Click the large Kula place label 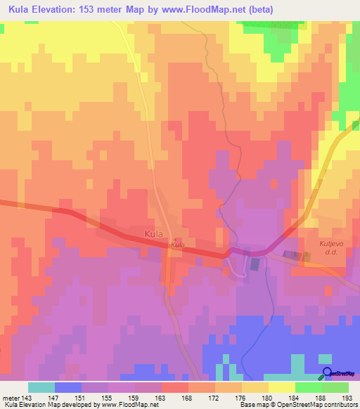[x=156, y=233]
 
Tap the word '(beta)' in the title [x=259, y=9]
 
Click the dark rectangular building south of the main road [x=255, y=264]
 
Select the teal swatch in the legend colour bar [x=41, y=387]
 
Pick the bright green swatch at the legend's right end [x=335, y=387]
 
